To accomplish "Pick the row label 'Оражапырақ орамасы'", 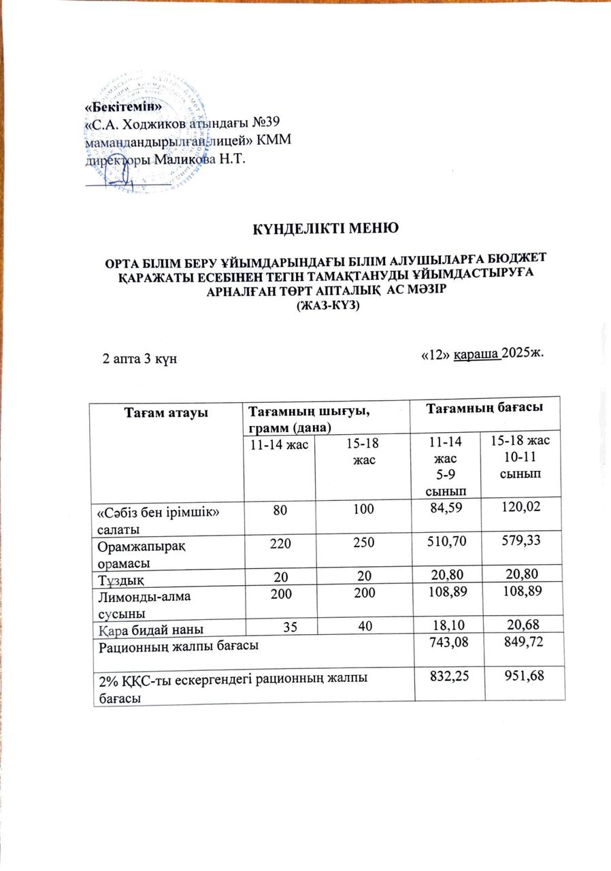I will pos(129,548).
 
